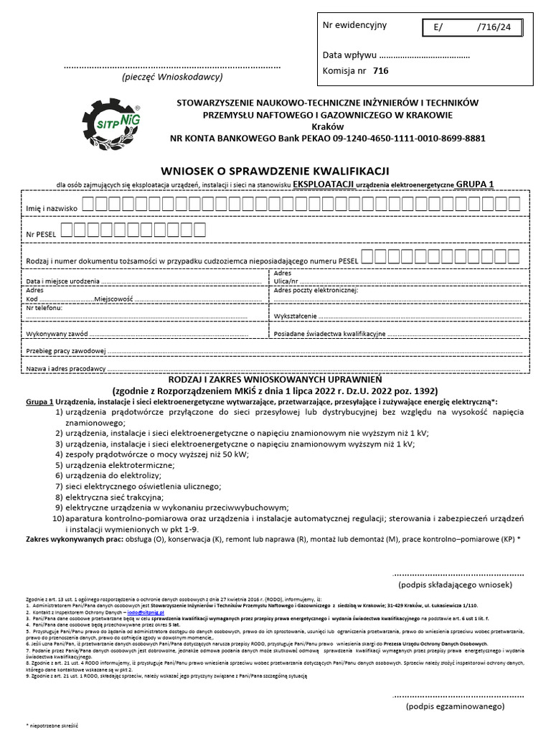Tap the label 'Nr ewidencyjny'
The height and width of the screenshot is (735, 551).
pyautogui.click(x=354, y=25)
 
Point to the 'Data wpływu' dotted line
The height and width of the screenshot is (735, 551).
pyautogui.click(x=423, y=55)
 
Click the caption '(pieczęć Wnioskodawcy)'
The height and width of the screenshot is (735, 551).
pyautogui.click(x=172, y=77)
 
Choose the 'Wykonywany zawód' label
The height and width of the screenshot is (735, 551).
pyautogui.click(x=57, y=334)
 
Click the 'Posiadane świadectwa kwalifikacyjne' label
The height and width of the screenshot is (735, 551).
pyautogui.click(x=330, y=334)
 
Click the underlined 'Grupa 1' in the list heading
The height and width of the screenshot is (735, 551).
pyautogui.click(x=39, y=403)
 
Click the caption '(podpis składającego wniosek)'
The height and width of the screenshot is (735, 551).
pyautogui.click(x=458, y=586)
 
